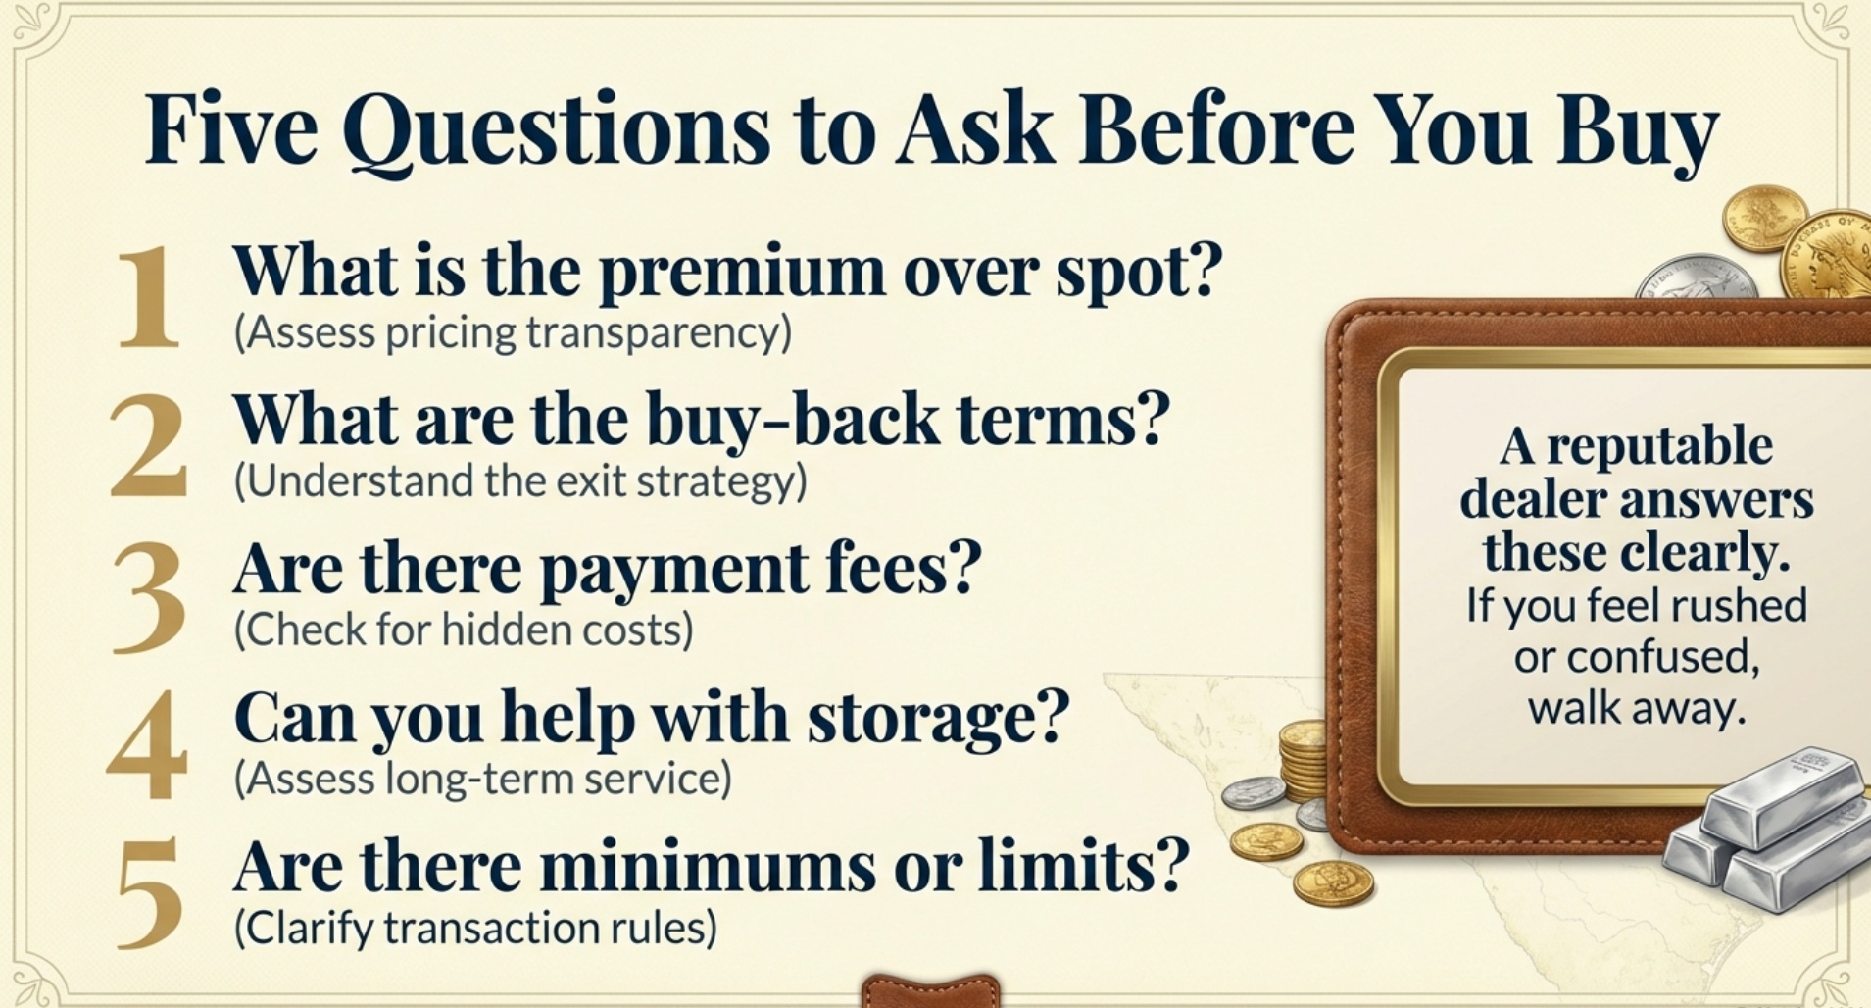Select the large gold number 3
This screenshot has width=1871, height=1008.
tap(149, 597)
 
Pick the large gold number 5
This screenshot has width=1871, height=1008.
tap(149, 894)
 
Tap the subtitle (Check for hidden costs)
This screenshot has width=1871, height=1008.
tap(464, 630)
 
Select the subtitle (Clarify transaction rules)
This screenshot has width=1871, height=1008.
tap(475, 928)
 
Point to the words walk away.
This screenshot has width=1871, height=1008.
tap(1637, 708)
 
